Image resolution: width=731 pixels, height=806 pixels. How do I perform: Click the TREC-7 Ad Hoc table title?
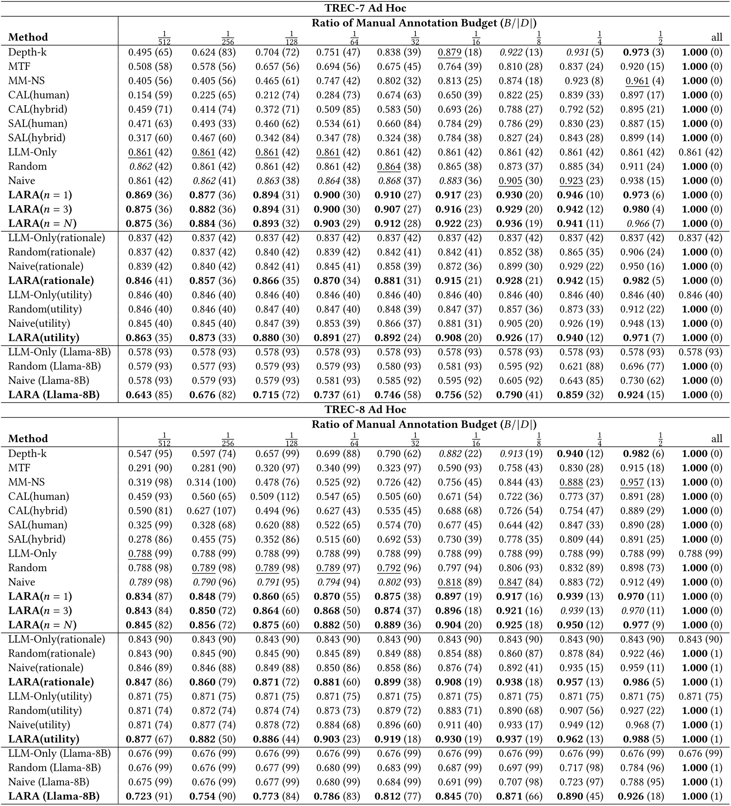[x=365, y=8]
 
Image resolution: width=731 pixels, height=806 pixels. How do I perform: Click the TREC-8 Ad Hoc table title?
[x=365, y=410]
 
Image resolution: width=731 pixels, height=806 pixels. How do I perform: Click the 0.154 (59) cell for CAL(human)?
[x=150, y=95]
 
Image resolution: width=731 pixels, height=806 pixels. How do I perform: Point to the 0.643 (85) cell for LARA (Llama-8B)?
[x=149, y=395]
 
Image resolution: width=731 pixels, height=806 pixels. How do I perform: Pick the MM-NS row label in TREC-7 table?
[x=26, y=81]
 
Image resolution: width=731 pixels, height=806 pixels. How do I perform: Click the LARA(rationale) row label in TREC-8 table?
[x=51, y=682]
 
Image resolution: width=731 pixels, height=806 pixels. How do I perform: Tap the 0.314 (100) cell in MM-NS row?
[x=211, y=482]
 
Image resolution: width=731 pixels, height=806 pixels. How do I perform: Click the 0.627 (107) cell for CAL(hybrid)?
[x=211, y=511]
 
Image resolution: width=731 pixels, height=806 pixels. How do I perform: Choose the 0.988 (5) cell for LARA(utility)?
[x=642, y=739]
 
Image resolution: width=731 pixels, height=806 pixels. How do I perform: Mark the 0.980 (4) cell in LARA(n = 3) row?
[x=642, y=210]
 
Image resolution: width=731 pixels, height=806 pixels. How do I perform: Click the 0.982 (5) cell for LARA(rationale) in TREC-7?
[x=642, y=281]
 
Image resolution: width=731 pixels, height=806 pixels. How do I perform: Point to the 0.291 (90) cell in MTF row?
[x=150, y=468]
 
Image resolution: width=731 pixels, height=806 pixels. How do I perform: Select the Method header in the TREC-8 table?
[x=28, y=439]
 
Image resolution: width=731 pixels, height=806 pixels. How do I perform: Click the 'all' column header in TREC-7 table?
[x=717, y=38]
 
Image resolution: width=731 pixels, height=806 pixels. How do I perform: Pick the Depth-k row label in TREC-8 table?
[x=27, y=454]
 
